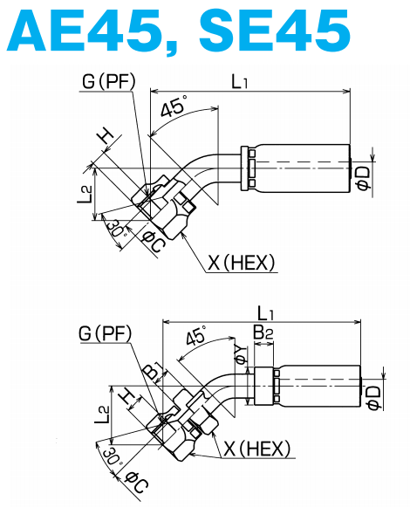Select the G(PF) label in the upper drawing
[x=107, y=83]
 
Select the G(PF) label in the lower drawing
[x=104, y=333]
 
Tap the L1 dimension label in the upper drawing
[x=241, y=82]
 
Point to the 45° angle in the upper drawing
[x=174, y=109]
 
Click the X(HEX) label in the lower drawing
[x=257, y=449]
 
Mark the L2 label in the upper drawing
[x=85, y=194]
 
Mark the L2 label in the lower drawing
[x=104, y=415]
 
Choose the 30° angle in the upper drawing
[x=115, y=230]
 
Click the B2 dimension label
[x=263, y=332]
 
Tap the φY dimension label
[x=241, y=353]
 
